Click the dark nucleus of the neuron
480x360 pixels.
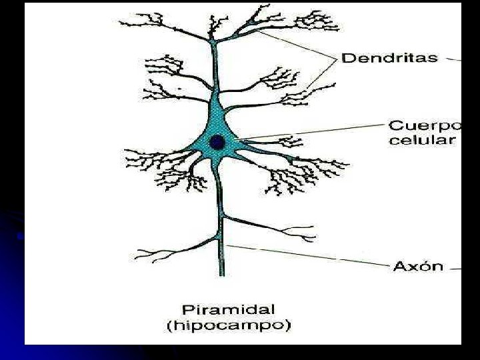click(x=217, y=143)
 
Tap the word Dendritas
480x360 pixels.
click(x=390, y=58)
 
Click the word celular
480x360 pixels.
click(x=421, y=140)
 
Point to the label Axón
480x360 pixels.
click(x=418, y=266)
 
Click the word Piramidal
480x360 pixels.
click(x=229, y=310)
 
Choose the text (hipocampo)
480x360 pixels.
click(x=229, y=325)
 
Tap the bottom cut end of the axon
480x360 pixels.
click(x=221, y=275)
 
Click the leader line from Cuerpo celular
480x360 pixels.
click(x=310, y=132)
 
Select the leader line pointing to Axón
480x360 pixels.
click(x=309, y=255)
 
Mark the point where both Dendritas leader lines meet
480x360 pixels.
click(x=336, y=58)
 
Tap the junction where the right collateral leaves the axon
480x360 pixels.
click(x=223, y=216)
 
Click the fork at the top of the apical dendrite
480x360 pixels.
click(x=213, y=41)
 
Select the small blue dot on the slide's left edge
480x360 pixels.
click(x=20, y=236)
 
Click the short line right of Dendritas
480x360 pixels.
click(x=453, y=59)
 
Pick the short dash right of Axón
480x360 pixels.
click(x=455, y=269)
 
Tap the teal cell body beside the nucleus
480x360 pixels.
click(x=218, y=123)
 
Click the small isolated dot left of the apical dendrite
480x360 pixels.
click(x=179, y=89)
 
